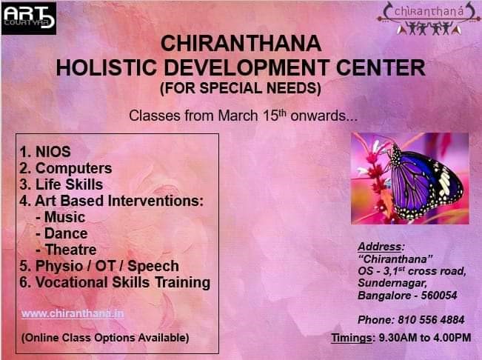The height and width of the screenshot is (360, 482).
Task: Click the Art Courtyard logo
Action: [x=29, y=18]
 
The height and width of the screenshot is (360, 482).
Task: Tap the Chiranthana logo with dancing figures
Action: [x=429, y=19]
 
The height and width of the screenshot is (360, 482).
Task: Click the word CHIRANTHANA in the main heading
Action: [x=241, y=44]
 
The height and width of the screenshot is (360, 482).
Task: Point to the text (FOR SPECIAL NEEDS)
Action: [x=241, y=88]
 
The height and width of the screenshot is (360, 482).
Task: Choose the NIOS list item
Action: [x=45, y=152]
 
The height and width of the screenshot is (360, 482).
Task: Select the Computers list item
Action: [x=66, y=168]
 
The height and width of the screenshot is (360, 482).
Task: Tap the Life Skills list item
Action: [x=61, y=184]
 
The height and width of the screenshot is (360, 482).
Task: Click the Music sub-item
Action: [x=61, y=217]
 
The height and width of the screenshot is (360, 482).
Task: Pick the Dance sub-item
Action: [x=61, y=233]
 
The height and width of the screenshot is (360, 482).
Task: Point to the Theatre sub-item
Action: [x=66, y=250]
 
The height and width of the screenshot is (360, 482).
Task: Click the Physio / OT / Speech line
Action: [x=99, y=266]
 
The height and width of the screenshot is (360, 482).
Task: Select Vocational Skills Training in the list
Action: [x=115, y=282]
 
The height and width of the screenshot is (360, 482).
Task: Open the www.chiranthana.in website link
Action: [x=73, y=313]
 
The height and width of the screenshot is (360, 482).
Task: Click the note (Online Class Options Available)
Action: [x=105, y=338]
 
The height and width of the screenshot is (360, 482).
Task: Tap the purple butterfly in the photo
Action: [x=426, y=183]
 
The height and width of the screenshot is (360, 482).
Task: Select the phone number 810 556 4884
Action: [x=431, y=320]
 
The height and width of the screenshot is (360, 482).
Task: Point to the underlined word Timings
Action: [x=352, y=338]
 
